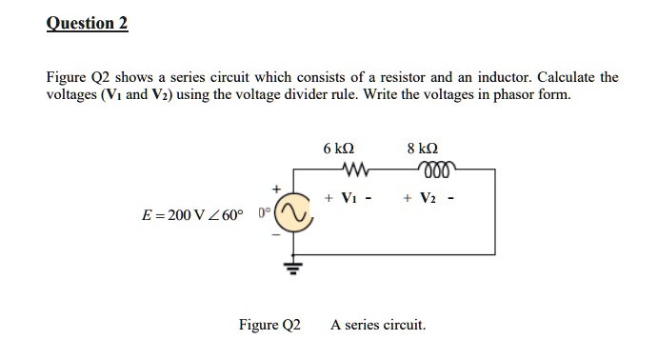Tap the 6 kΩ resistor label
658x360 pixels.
pos(339,150)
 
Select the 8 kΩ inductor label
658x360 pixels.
pos(422,150)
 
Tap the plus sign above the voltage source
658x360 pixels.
pos(279,188)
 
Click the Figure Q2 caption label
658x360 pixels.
pos(269,325)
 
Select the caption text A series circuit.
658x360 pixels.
pos(378,325)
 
